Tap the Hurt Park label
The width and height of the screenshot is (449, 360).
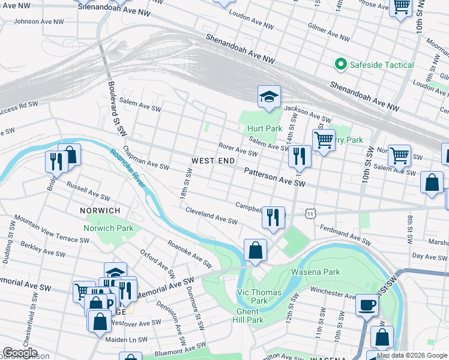(264, 128)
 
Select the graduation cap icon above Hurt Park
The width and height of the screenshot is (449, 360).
(270, 97)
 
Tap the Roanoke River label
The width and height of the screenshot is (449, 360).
(127, 169)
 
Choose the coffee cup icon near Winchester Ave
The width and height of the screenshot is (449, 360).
(366, 305)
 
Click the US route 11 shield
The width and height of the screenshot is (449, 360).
(309, 213)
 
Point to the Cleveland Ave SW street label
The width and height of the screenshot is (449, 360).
(212, 216)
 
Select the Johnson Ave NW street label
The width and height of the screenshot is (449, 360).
(38, 22)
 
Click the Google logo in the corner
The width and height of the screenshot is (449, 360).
(19, 353)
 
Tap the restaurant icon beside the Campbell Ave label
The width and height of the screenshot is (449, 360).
(273, 217)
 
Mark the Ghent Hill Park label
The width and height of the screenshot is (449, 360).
(247, 316)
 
